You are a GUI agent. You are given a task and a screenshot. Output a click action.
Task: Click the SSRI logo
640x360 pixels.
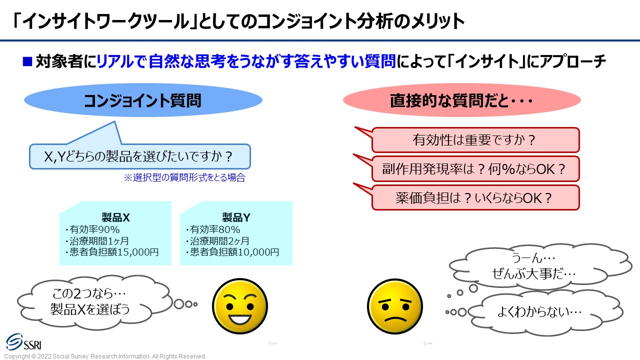click(24, 342)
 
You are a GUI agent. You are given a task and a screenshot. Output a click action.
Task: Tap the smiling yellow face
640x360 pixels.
click(239, 306)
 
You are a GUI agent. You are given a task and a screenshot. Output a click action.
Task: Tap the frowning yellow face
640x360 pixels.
click(395, 306)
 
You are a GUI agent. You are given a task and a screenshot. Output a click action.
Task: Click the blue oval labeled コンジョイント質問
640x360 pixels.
click(143, 100)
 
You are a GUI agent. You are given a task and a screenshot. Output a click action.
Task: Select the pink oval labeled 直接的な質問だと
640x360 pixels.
click(461, 100)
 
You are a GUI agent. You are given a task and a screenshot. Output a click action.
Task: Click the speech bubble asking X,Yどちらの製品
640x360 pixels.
click(139, 156)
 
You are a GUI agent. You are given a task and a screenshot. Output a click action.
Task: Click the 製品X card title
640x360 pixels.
click(115, 217)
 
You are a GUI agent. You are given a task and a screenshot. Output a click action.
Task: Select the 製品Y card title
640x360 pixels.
click(236, 217)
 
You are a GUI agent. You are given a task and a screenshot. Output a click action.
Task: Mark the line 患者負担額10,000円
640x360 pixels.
click(232, 252)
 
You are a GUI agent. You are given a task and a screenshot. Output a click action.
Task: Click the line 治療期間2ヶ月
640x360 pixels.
click(217, 241)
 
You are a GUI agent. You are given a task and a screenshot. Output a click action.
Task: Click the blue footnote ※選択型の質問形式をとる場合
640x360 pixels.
click(184, 177)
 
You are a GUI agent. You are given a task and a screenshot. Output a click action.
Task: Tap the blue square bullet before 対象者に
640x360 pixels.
click(27, 61)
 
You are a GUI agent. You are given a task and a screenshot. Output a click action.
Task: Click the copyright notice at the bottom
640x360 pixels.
click(105, 356)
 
